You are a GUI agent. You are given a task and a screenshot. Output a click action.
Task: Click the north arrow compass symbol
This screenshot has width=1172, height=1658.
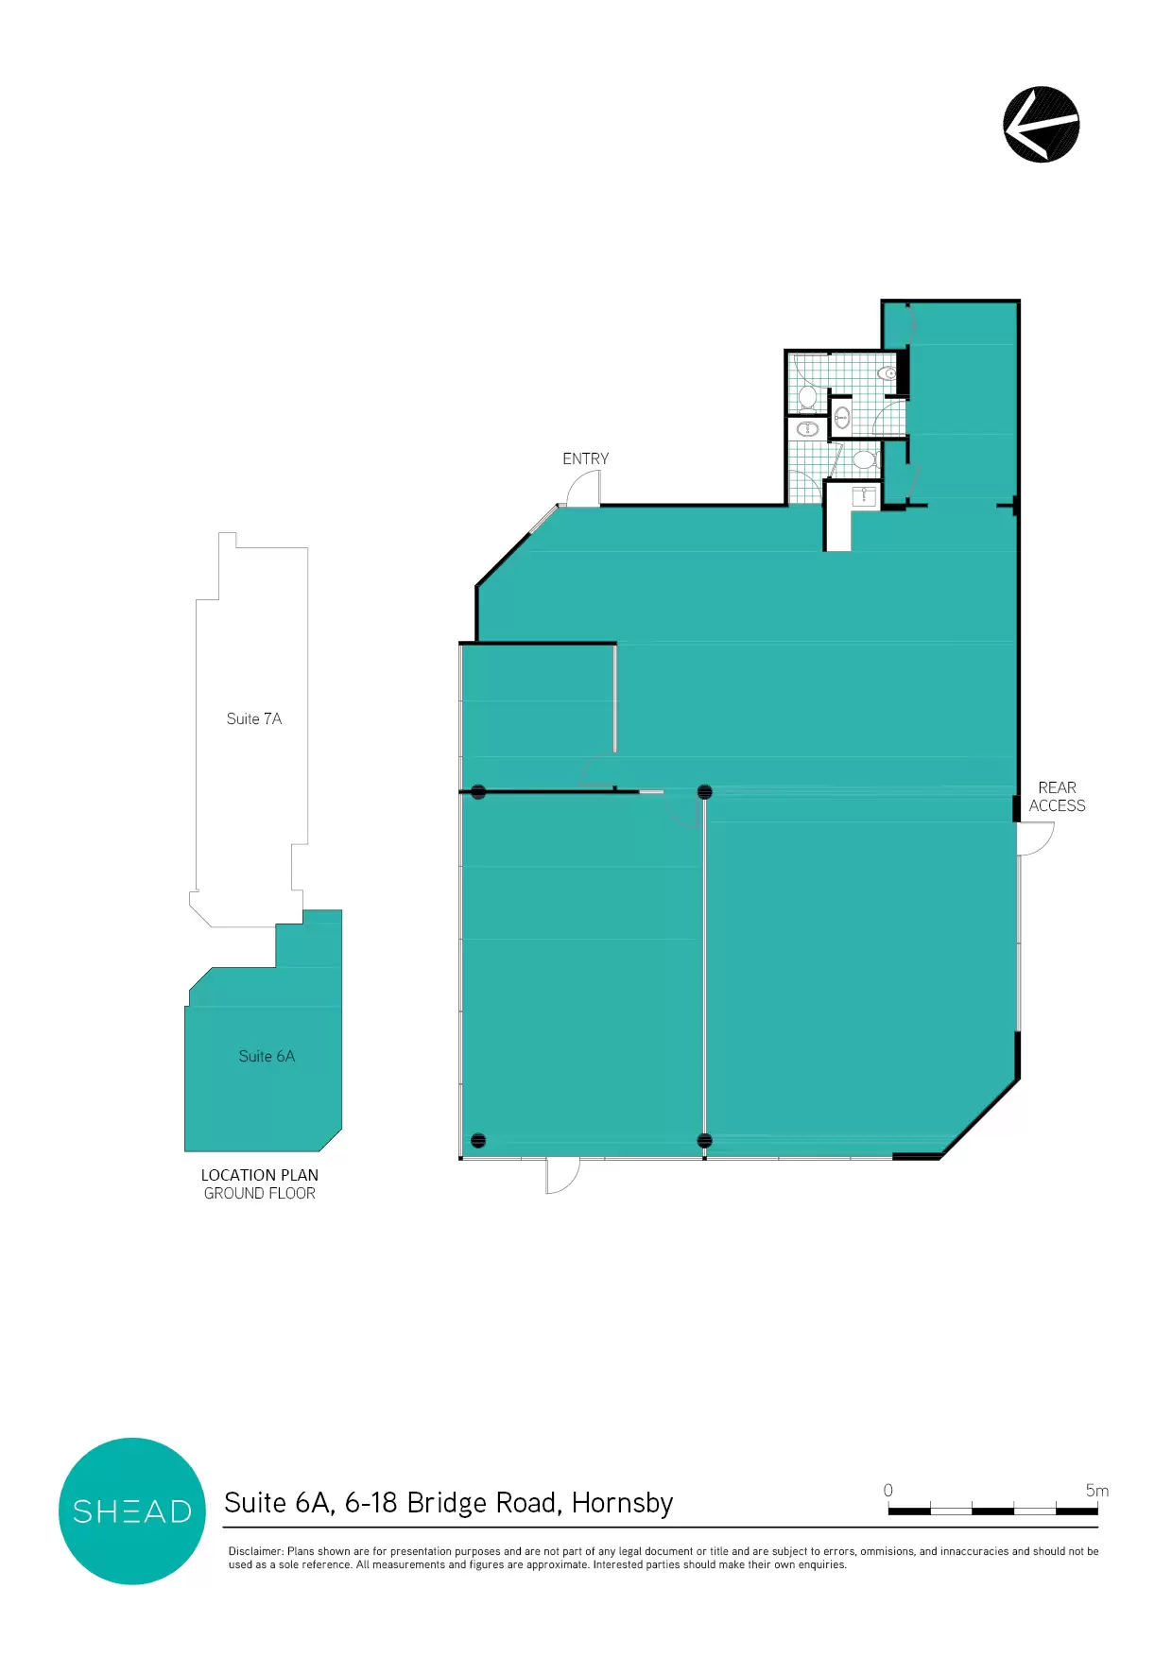pos(1041,125)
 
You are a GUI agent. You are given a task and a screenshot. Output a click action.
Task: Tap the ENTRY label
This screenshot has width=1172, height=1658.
pos(585,458)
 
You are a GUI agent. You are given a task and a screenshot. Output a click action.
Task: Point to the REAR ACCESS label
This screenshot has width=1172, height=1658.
pos(1057,797)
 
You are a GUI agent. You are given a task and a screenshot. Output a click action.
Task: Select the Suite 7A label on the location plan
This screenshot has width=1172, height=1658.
pos(254,718)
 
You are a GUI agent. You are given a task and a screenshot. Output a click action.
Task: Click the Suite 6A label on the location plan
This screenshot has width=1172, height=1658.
pos(267,1056)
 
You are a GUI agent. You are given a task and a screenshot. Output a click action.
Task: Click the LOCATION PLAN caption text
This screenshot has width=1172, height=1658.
pos(260,1175)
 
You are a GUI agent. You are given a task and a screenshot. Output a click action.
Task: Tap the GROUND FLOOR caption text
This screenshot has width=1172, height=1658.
pos(260,1193)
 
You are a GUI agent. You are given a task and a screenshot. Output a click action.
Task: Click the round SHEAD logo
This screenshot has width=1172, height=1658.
pos(132,1511)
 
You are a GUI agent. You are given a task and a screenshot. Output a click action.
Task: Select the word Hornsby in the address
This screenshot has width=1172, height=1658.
pos(622,1502)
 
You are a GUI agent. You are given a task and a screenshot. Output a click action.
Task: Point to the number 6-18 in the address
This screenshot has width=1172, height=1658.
pos(371,1502)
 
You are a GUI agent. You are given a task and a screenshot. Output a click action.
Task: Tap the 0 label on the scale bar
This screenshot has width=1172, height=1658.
pos(888,1490)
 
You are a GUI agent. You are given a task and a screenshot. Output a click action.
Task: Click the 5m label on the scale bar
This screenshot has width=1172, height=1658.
pos(1096,1490)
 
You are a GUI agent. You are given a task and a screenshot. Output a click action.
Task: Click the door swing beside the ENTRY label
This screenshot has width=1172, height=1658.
pos(582,488)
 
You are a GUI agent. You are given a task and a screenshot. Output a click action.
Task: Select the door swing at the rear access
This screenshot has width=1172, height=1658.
pos(1036,838)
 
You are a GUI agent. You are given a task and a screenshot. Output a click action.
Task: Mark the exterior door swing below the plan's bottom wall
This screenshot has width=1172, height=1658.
pos(563,1176)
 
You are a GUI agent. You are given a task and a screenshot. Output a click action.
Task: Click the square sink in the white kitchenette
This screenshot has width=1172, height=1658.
pos(864,495)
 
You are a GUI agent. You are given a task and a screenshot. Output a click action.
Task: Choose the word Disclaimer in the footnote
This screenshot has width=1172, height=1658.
pos(255,1551)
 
